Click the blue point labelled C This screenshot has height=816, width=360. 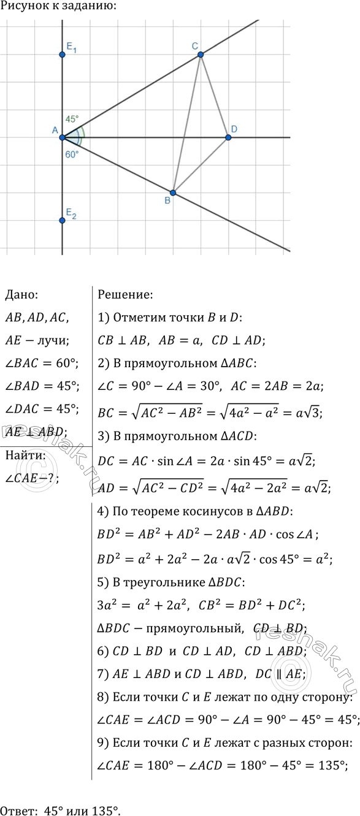[201, 55]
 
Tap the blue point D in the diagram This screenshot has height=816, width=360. [229, 137]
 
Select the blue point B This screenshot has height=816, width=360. [173, 193]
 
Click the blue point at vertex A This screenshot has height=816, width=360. [62, 137]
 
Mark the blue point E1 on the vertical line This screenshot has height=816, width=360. [62, 55]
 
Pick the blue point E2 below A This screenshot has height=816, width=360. [62, 220]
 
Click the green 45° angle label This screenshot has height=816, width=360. [72, 119]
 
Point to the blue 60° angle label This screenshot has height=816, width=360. [72, 154]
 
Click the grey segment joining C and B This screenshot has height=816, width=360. [187, 123]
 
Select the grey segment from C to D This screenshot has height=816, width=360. [214, 95]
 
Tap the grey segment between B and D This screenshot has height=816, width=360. [201, 165]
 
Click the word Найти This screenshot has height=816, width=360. [22, 455]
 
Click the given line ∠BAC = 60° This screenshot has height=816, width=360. [41, 364]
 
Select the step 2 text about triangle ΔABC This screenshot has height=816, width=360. [177, 364]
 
